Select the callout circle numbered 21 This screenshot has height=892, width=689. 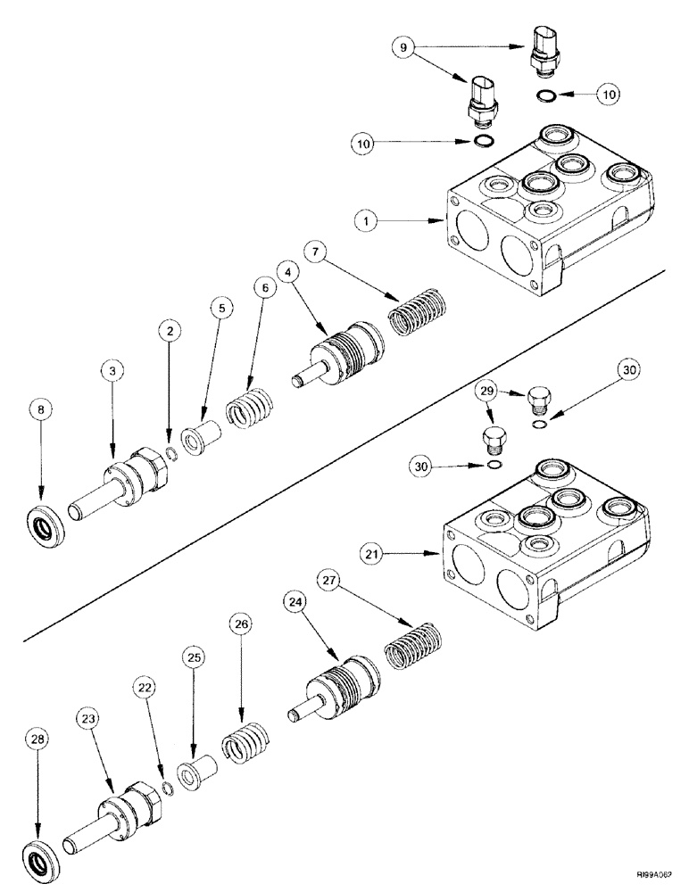[x=372, y=555]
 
